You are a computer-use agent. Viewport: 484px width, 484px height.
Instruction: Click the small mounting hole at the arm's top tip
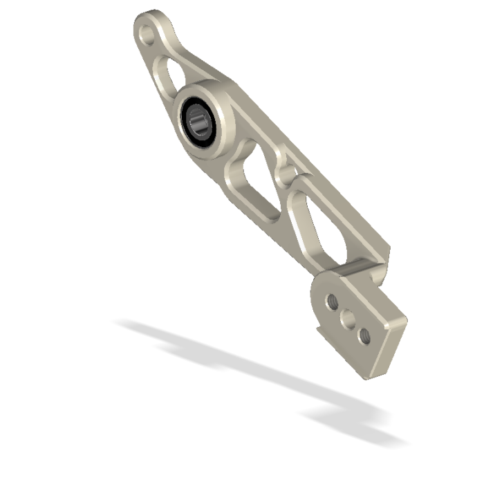click(x=147, y=31)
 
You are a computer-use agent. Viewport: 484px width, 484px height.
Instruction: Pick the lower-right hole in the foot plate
click(x=364, y=337)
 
